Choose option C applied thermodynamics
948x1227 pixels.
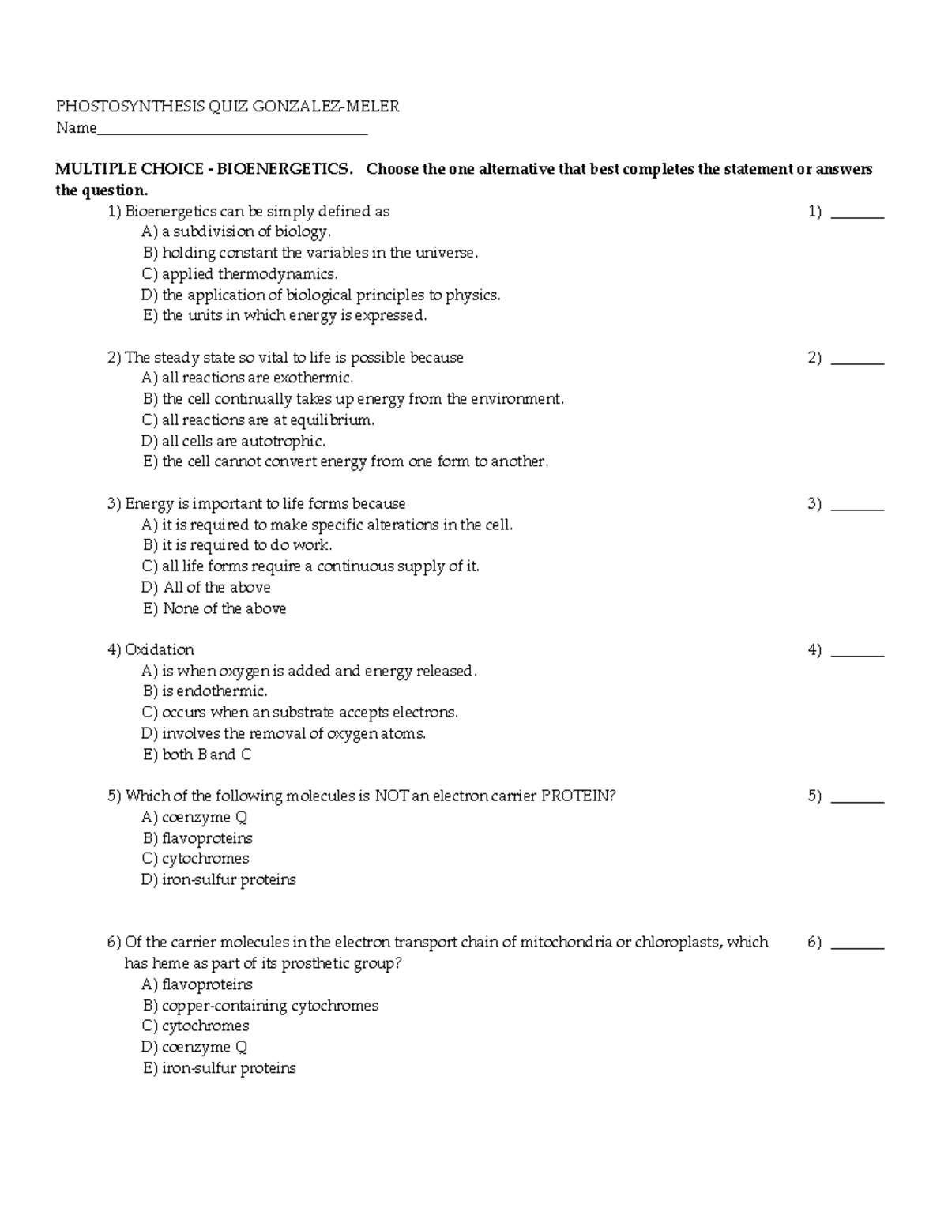239,274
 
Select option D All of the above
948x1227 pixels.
206,587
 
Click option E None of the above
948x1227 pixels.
214,608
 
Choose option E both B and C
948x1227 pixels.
197,755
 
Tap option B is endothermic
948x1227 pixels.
205,691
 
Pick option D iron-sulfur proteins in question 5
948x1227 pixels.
219,879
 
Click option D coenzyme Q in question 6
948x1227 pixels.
194,1047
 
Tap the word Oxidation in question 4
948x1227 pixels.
159,650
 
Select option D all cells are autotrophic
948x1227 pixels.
233,441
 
